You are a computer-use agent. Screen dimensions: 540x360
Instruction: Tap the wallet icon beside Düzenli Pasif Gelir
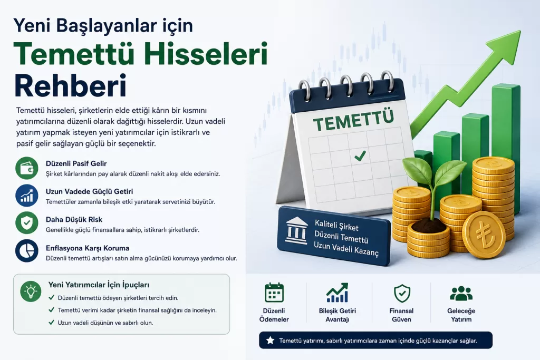(27, 168)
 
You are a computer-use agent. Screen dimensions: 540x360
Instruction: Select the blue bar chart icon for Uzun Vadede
(27, 196)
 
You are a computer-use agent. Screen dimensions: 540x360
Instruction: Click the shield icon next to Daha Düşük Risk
(27, 223)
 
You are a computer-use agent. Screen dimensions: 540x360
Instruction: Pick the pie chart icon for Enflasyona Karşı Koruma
(27, 251)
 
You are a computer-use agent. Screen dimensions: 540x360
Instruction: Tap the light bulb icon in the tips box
(31, 291)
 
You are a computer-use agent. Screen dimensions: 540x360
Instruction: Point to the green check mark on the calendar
(360, 156)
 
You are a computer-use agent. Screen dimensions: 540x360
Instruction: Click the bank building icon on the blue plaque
(296, 230)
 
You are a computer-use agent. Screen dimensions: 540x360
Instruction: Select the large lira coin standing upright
(484, 235)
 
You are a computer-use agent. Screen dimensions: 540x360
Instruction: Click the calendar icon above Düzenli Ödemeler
(274, 293)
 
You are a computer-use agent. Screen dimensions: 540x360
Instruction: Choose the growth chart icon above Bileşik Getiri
(337, 293)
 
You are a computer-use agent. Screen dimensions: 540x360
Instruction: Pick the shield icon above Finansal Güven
(401, 293)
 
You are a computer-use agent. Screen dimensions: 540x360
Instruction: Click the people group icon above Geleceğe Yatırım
(461, 293)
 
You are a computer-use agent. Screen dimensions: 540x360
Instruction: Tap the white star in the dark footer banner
(271, 340)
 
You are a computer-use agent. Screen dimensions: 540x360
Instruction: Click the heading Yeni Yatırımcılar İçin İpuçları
(99, 285)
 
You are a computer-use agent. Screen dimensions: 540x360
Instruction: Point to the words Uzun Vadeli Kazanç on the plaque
(346, 249)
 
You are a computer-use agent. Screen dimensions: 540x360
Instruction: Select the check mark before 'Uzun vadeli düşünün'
(51, 322)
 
